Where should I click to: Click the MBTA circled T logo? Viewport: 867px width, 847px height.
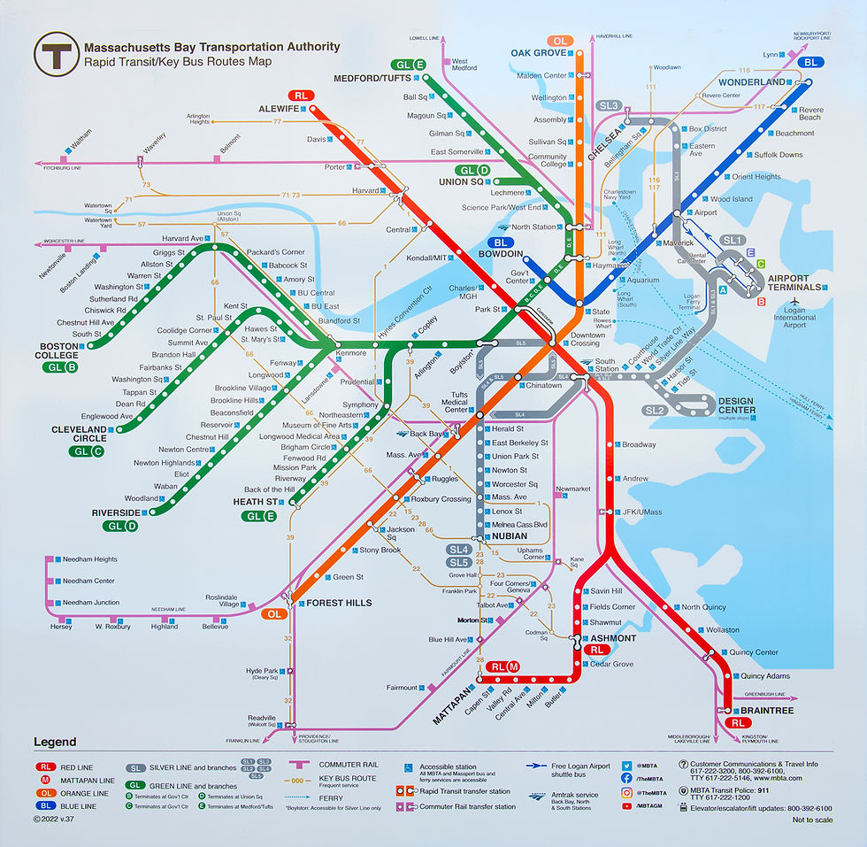click(55, 56)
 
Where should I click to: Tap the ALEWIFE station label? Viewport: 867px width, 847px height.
click(276, 108)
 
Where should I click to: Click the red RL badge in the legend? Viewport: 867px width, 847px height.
click(46, 767)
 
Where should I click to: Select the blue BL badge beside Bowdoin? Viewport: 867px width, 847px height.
click(502, 243)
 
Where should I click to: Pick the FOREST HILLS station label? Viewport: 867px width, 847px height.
click(339, 603)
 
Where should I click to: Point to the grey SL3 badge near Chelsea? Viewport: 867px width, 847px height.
click(609, 106)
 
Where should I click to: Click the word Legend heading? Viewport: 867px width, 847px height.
click(55, 742)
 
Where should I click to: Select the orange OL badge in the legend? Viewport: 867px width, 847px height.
click(46, 794)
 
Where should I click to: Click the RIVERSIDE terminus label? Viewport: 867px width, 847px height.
click(117, 512)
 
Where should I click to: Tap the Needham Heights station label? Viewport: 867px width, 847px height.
click(89, 559)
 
